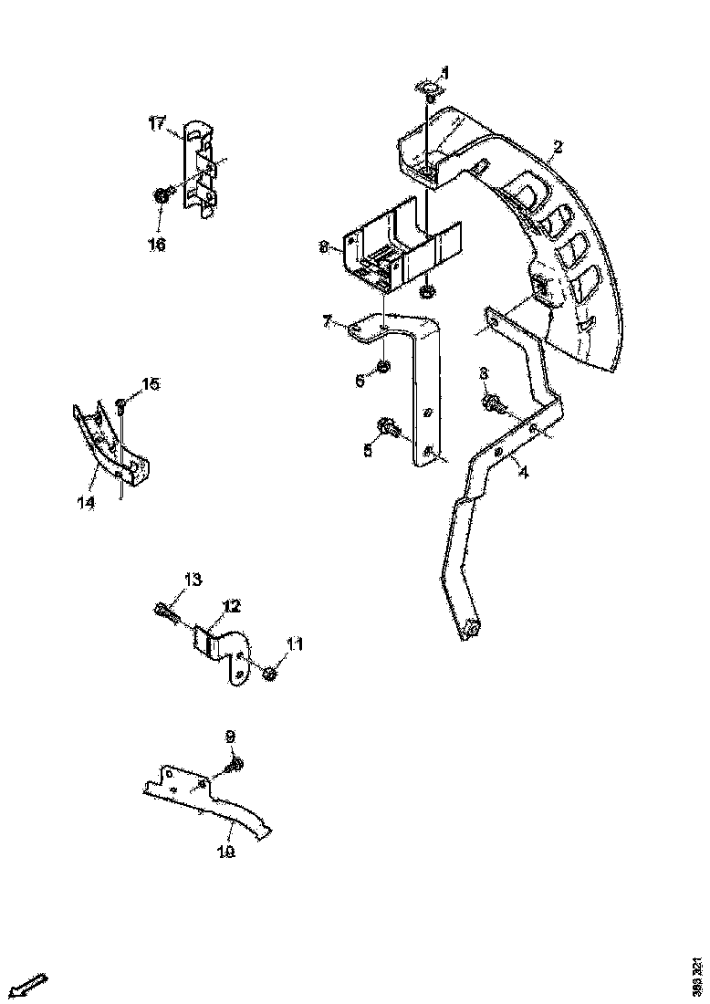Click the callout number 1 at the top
point(445,71)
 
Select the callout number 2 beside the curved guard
point(557,146)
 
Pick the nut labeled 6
point(383,367)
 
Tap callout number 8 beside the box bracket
point(323,246)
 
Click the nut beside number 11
point(270,673)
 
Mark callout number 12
point(231,605)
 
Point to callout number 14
point(85,503)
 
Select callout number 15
point(150,384)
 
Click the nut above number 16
point(162,194)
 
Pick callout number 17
point(157,121)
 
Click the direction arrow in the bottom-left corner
point(30,984)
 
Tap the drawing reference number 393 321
point(698,978)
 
